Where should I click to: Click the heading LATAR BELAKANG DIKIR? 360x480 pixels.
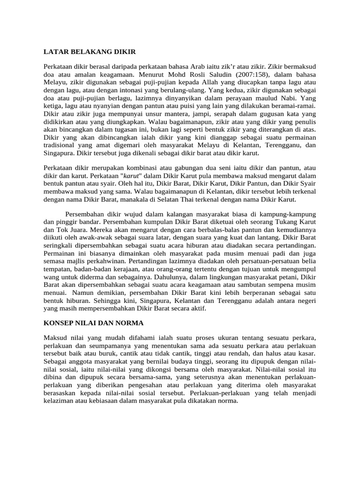tap(90, 52)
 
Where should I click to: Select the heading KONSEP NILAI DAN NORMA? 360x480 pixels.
tap(93, 323)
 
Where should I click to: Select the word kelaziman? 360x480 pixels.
tap(58, 401)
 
